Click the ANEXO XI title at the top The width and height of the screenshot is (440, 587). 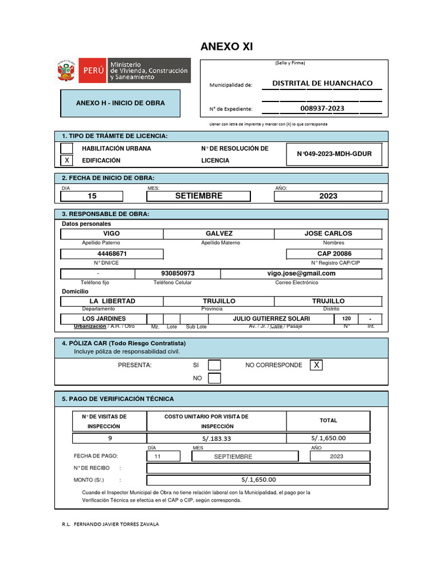tap(226, 46)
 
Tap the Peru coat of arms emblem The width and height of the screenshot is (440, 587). tap(66, 71)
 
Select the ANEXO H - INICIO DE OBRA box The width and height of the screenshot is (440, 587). tap(120, 103)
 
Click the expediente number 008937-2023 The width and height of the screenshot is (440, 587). tap(322, 108)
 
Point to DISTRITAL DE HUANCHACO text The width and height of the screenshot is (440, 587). tap(322, 83)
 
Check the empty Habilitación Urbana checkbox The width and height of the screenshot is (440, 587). tap(67, 148)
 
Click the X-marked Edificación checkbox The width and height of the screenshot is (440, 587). tap(67, 161)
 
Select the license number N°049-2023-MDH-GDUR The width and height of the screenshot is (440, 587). tap(334, 154)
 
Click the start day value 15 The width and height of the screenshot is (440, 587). tap(92, 196)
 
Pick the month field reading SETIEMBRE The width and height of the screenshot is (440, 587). tap(198, 196)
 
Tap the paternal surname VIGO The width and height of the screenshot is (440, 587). tap(111, 234)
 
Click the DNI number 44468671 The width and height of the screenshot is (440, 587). tap(112, 253)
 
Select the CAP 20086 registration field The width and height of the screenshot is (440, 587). tap(334, 253)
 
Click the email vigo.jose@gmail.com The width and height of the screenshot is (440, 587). tap(301, 273)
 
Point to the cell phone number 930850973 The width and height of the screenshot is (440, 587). tap(178, 273)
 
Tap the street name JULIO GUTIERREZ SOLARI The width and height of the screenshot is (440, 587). tap(271, 319)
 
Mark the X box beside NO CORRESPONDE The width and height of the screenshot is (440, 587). tap(316, 365)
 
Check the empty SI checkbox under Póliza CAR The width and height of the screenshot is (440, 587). tap(214, 365)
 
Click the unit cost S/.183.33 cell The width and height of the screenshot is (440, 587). tap(217, 439)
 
